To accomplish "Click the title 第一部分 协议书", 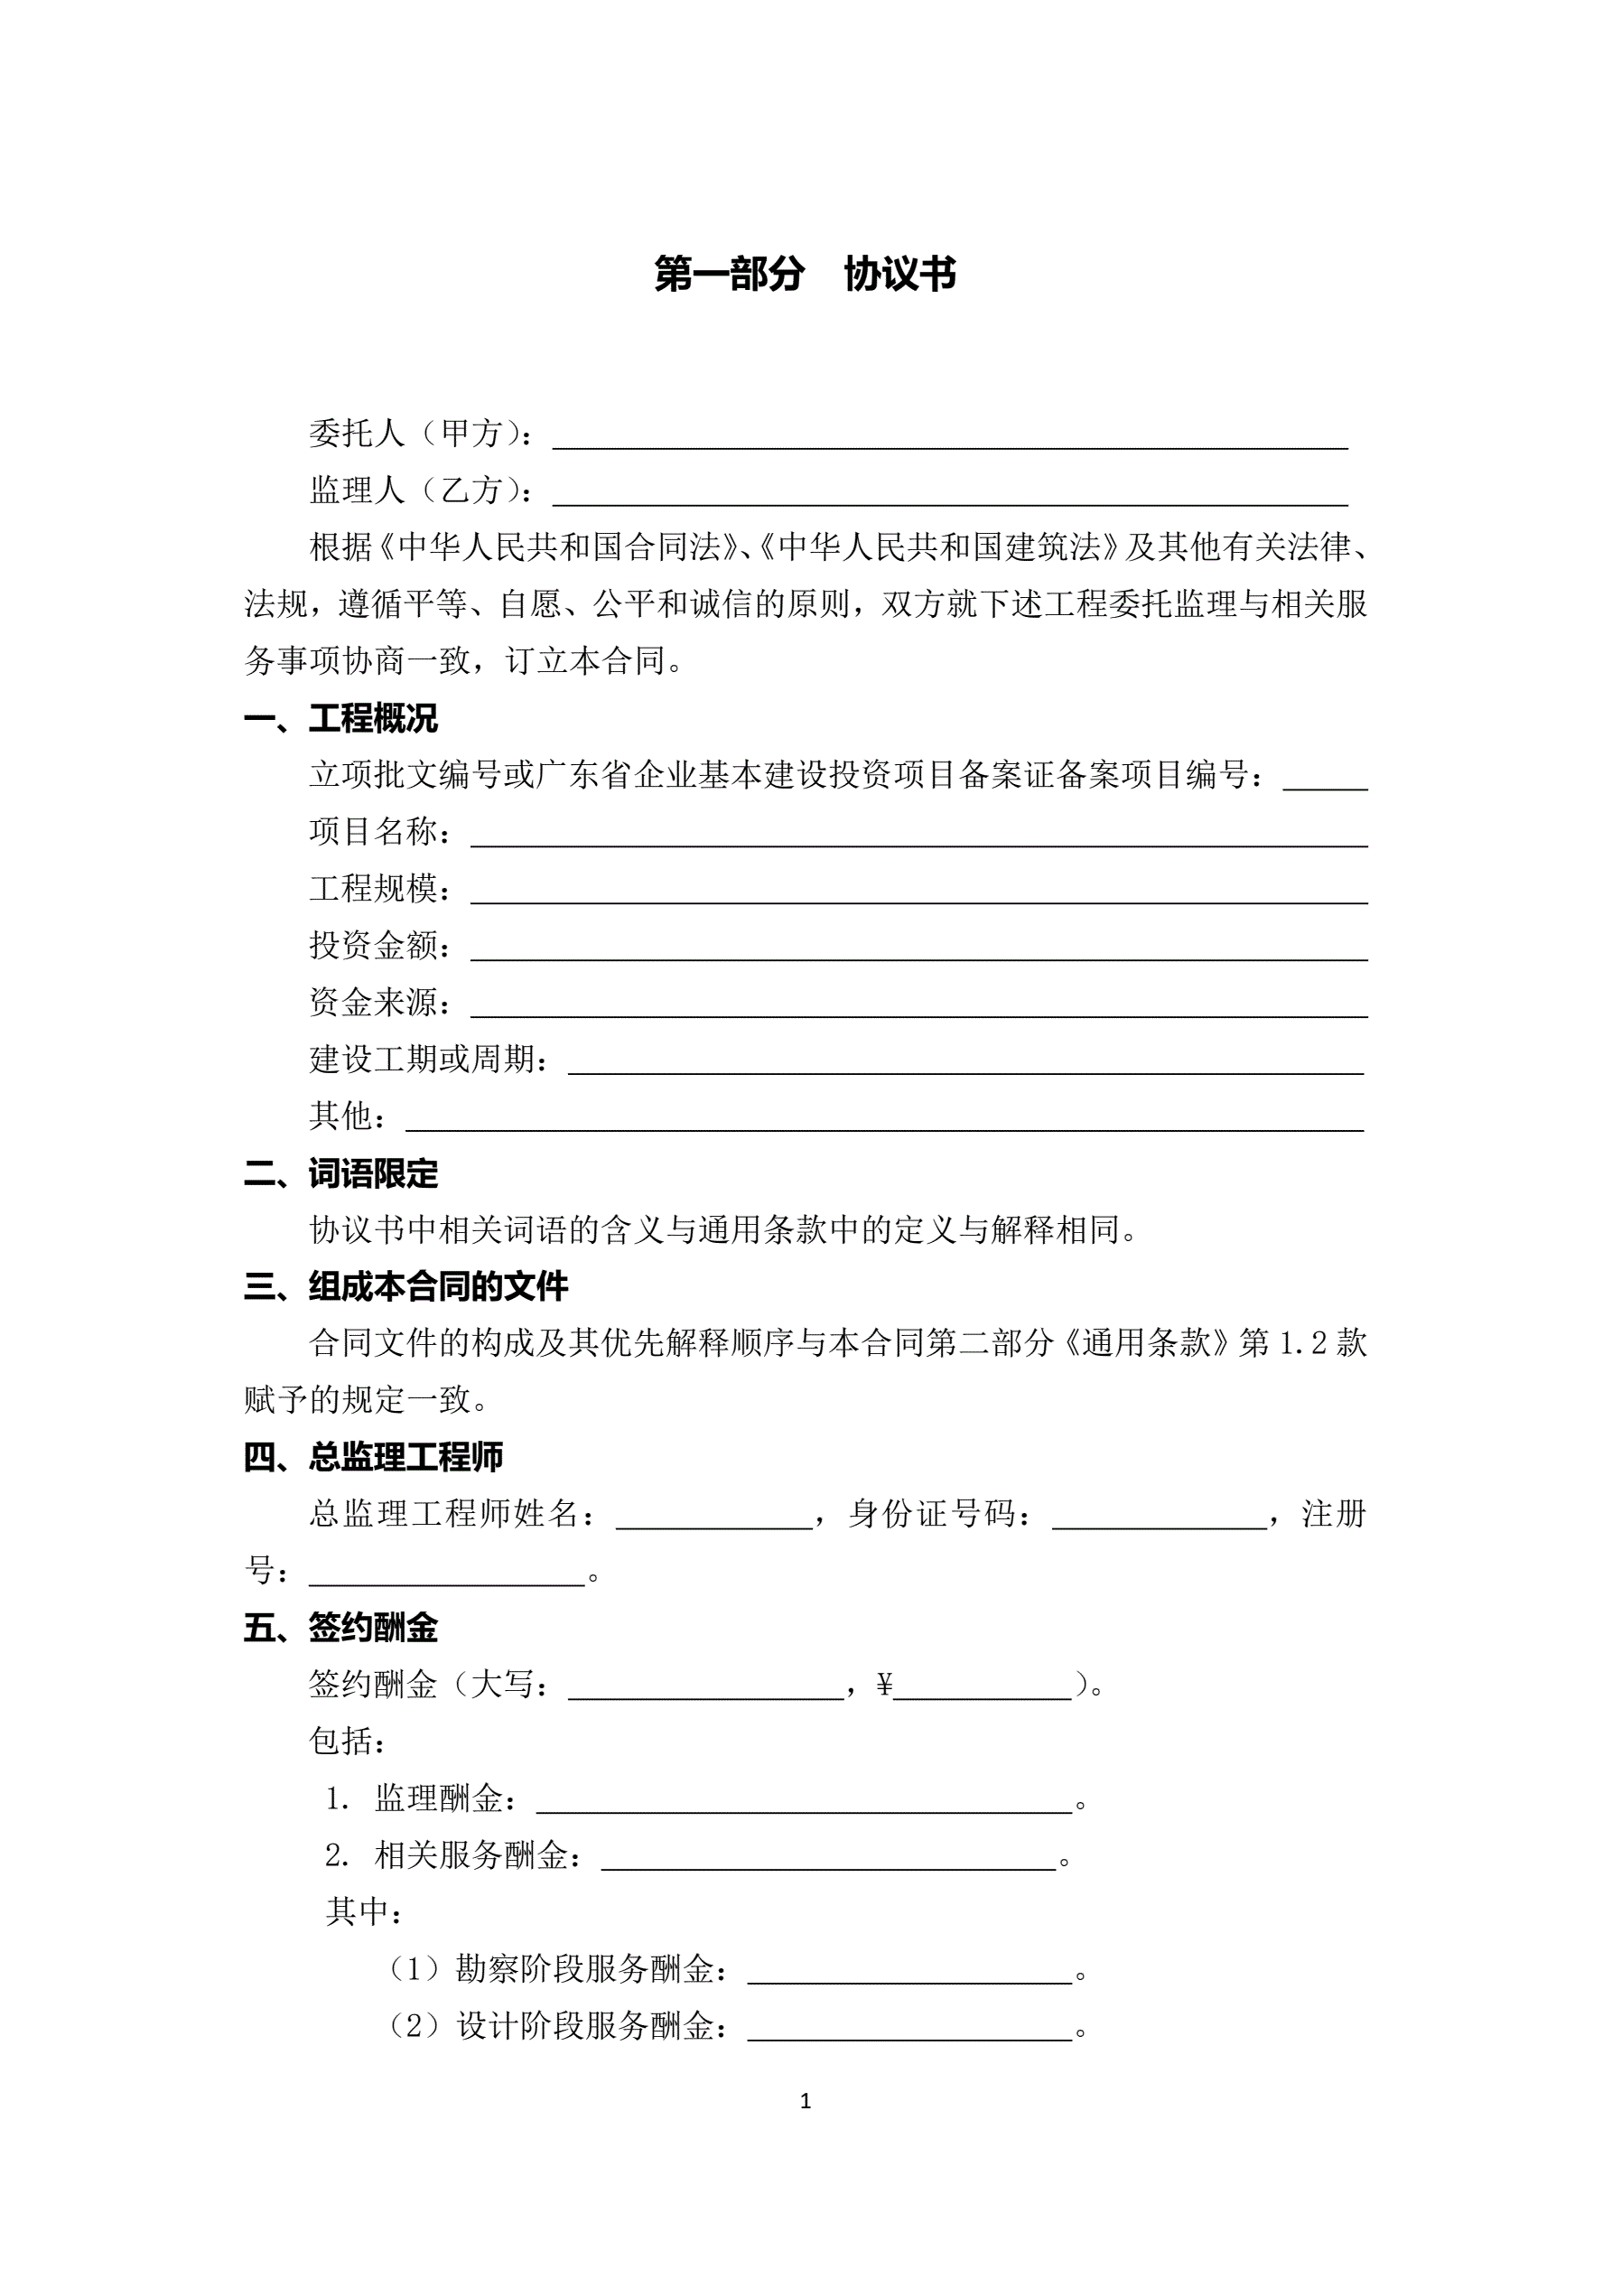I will (x=804, y=274).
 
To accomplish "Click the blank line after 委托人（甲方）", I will (x=949, y=437).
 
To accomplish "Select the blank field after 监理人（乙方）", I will (x=949, y=493).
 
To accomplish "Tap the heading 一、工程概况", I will (x=340, y=717).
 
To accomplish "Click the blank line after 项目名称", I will (x=918, y=834).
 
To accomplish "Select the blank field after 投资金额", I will (x=918, y=948).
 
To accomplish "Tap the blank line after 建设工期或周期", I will (x=964, y=1062).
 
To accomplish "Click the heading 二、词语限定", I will (x=340, y=1173).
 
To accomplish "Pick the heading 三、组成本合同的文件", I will (x=406, y=1286).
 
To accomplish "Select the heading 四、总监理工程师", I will (x=373, y=1457).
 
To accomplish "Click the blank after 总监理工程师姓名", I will (x=713, y=1517).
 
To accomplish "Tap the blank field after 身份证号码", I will (x=1159, y=1517).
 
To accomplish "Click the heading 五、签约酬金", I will (x=340, y=1628).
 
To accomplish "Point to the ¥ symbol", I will (x=884, y=1685).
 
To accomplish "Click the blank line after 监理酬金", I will (x=803, y=1801).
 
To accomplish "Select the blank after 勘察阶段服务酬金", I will (x=909, y=1971).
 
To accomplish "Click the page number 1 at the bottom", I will (x=805, y=2101).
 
